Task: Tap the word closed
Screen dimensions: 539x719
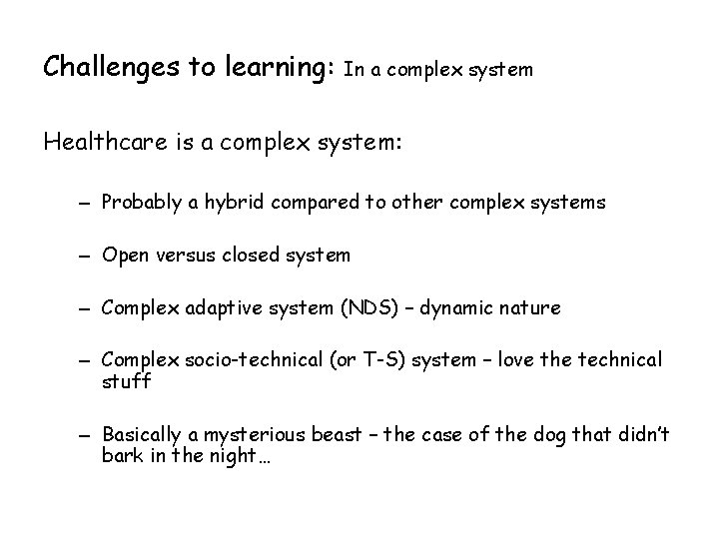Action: [257, 255]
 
